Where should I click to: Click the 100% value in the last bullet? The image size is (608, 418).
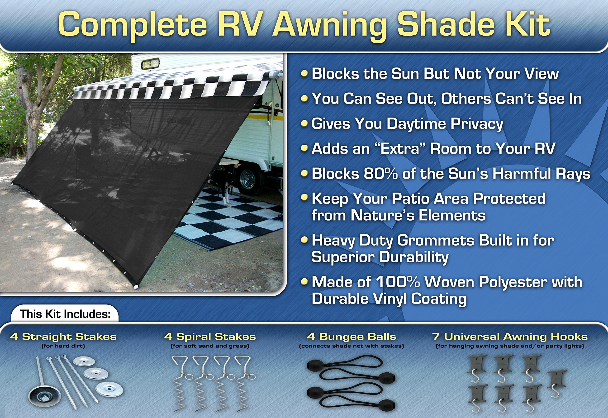[x=398, y=282]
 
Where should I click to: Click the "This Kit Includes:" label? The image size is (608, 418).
[x=65, y=314]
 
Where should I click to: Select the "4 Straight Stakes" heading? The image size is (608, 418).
[x=63, y=337]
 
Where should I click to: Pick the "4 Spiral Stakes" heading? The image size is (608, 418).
[x=210, y=337]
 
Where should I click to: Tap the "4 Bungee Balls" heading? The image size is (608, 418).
[x=352, y=337]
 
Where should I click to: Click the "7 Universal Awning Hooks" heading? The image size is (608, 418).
[x=510, y=337]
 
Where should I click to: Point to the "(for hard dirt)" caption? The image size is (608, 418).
[x=63, y=346]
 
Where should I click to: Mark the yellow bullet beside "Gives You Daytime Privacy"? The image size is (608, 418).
[x=304, y=123]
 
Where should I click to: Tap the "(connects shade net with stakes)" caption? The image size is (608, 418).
[x=351, y=346]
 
